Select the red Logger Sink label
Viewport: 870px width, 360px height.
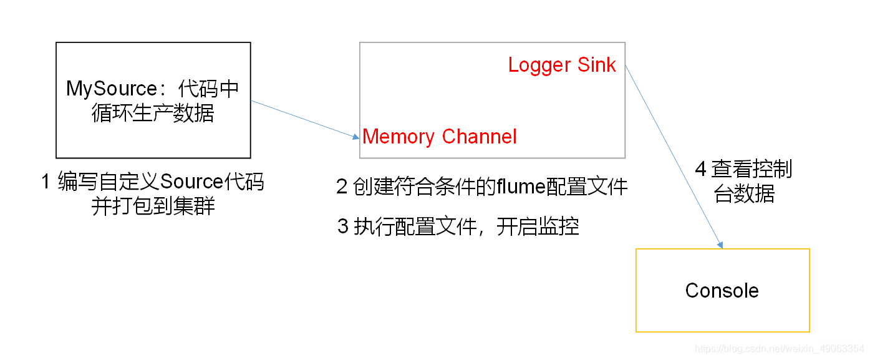(x=562, y=65)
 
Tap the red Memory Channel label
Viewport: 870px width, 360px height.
(x=440, y=137)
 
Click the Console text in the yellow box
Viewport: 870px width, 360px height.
(x=722, y=290)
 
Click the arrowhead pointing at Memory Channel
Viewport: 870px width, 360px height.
(x=355, y=136)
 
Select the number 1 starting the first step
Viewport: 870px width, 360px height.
(x=46, y=182)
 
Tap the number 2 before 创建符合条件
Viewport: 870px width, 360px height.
(x=342, y=187)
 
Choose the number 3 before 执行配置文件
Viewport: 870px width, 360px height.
(x=342, y=226)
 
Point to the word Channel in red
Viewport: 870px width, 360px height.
(x=479, y=137)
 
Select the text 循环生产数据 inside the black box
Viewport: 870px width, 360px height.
(x=152, y=113)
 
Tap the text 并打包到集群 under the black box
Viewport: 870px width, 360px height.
(x=153, y=206)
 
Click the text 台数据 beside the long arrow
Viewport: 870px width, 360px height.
(x=745, y=194)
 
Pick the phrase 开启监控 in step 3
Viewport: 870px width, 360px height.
(x=538, y=226)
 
